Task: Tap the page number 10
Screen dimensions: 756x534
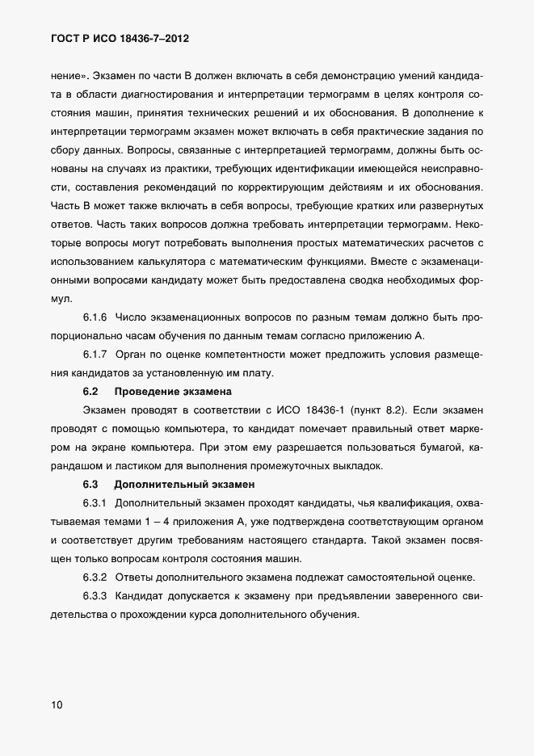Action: point(57,705)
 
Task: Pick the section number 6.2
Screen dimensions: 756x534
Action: point(90,392)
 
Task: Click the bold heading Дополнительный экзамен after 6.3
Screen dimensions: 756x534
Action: point(184,485)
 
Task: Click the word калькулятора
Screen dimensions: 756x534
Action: point(159,261)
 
